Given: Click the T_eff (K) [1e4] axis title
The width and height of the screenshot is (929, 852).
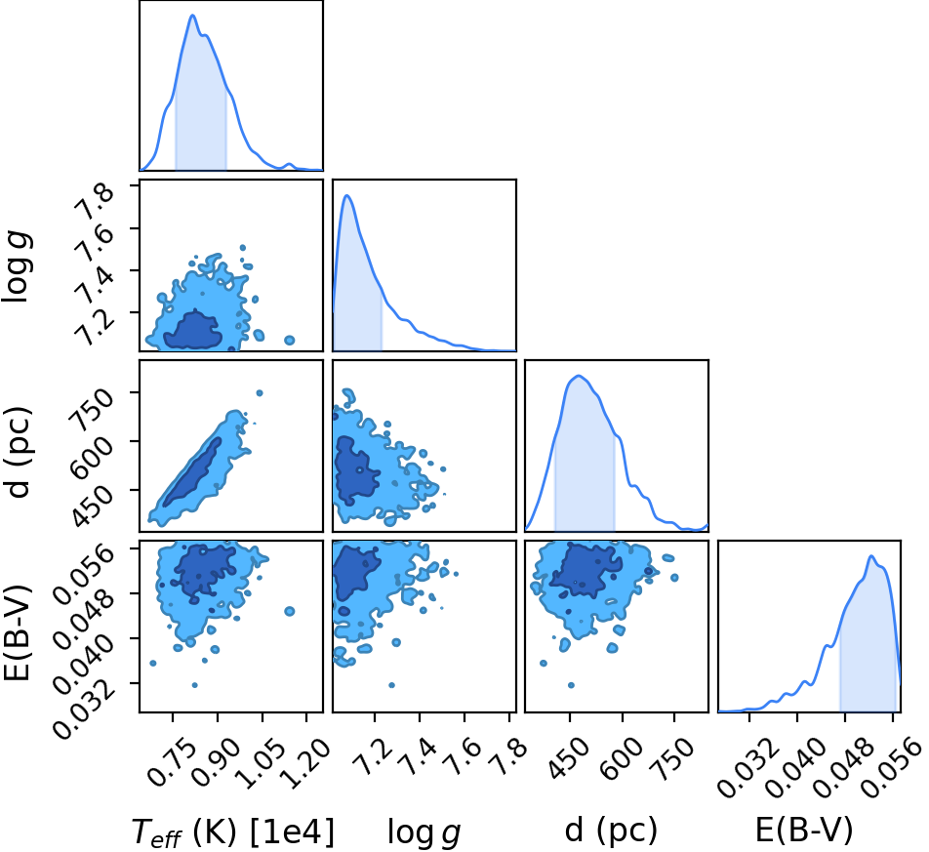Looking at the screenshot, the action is tap(233, 831).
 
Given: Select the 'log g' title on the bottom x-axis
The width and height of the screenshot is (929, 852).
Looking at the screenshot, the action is tap(424, 832).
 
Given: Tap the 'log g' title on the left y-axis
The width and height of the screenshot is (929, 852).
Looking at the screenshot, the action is tap(18, 266).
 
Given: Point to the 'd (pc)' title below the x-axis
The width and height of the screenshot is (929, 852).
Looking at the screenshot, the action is tap(611, 831).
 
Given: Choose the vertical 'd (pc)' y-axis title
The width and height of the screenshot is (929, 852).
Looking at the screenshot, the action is tap(18, 453).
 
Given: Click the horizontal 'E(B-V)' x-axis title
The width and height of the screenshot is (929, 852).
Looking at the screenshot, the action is tap(804, 830).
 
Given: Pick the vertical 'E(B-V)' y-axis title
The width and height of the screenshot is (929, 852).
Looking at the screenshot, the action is tap(17, 632).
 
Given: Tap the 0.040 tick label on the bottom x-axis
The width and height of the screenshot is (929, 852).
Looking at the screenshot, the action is tap(795, 767).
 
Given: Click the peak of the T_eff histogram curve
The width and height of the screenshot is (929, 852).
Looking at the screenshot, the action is tap(192, 15).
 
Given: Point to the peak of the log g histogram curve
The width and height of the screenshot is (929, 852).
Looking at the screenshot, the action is tap(347, 195).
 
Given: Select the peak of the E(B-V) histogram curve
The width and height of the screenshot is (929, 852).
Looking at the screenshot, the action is tap(870, 555).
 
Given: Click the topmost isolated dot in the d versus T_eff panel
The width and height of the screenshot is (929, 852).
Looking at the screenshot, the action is tap(259, 393).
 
